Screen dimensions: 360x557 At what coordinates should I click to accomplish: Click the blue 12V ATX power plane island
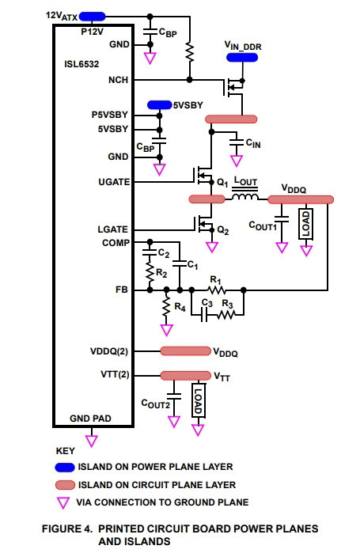coord(92,17)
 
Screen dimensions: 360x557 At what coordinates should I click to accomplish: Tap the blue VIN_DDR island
coord(242,57)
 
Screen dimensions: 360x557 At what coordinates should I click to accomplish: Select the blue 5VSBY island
coord(159,104)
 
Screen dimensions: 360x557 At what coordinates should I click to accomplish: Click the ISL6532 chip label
coord(81,64)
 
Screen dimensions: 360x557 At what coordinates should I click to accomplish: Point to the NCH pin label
coord(118,80)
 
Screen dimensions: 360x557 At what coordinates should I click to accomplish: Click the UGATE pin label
coord(114,182)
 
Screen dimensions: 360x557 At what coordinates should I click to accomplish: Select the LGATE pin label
coord(112,229)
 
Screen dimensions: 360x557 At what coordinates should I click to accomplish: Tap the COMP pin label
coord(116,243)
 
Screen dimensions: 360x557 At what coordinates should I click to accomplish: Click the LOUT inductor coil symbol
coord(244,196)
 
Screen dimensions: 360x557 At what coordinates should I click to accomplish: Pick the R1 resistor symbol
coord(217,290)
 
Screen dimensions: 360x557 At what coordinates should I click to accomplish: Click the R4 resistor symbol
coord(166,306)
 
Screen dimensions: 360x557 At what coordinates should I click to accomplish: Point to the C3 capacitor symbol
coord(204,315)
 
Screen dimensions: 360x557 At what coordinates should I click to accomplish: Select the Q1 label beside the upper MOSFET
coord(222,183)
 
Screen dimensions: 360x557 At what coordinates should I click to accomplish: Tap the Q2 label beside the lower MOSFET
coord(223,230)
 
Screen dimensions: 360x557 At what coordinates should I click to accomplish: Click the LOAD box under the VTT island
coord(199,400)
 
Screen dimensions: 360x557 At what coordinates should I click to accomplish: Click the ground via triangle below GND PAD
coord(92,441)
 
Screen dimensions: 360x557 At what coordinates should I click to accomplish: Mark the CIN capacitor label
coord(253,143)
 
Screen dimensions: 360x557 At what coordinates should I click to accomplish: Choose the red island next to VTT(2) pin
coord(185,376)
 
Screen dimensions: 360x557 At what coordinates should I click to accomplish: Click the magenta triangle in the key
coord(63,502)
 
